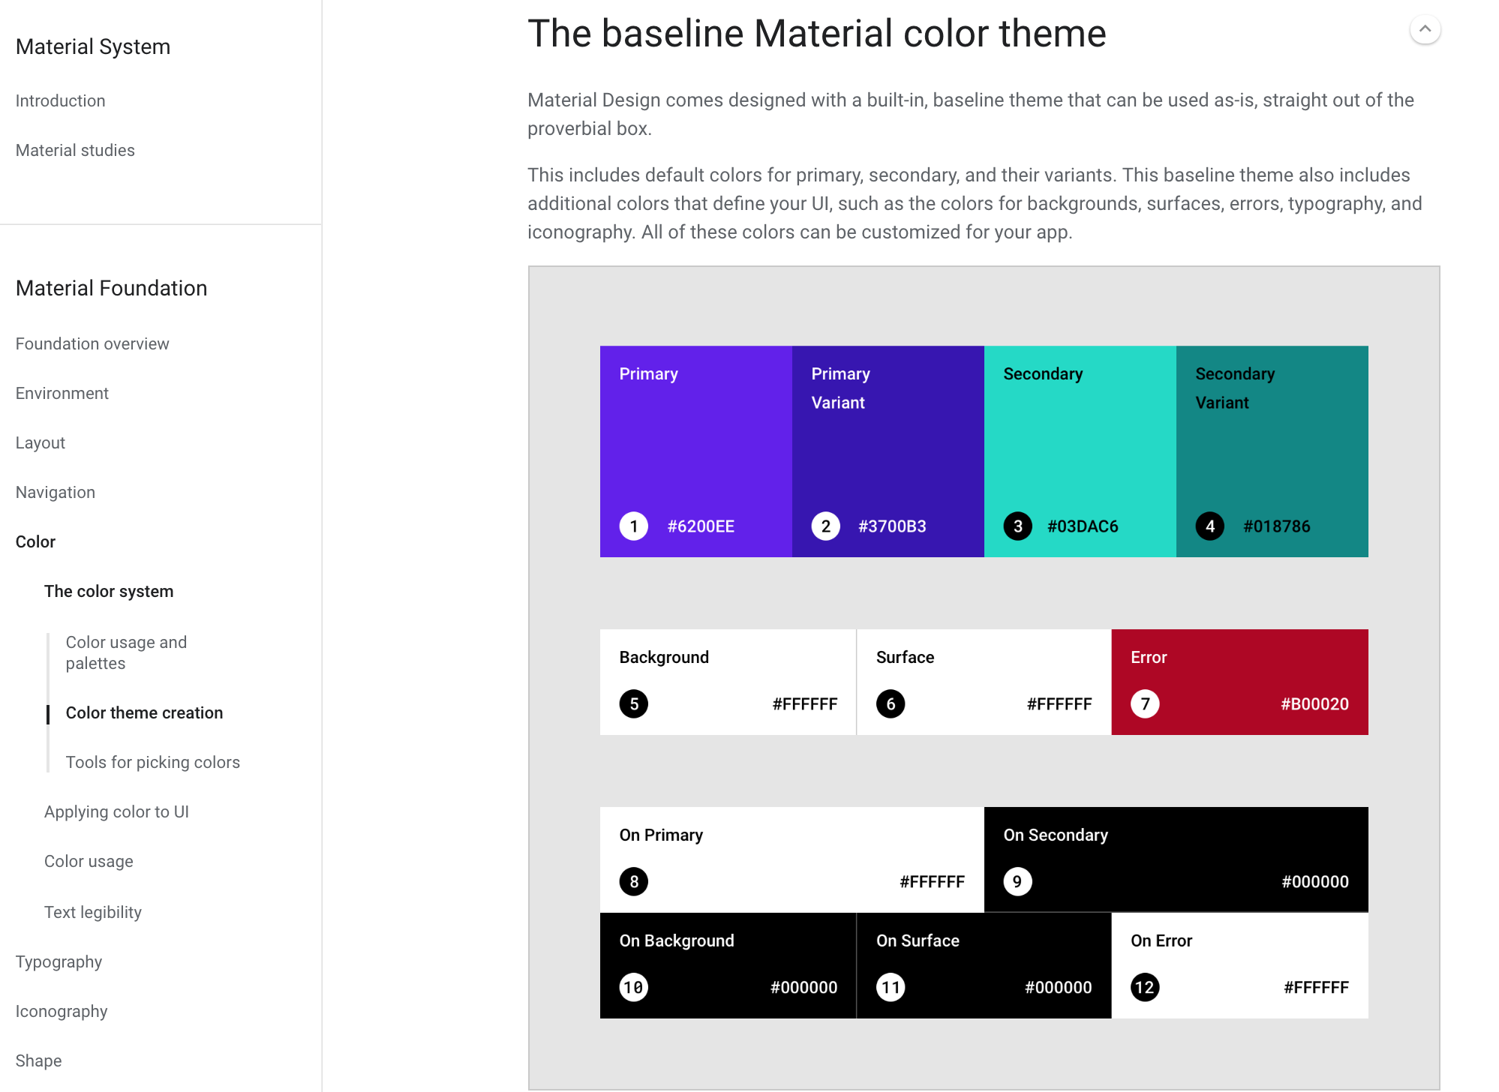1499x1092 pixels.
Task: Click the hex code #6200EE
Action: pyautogui.click(x=701, y=526)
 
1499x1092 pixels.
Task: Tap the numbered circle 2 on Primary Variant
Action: pyautogui.click(x=825, y=526)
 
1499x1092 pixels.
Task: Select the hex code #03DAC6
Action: pyautogui.click(x=1083, y=526)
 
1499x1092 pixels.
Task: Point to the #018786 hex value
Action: pyautogui.click(x=1276, y=526)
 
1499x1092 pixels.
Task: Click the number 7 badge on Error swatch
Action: pyautogui.click(x=1145, y=704)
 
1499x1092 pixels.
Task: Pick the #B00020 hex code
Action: pyautogui.click(x=1314, y=704)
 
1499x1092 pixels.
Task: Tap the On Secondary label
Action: pyautogui.click(x=1056, y=835)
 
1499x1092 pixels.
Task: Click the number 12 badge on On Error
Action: pyautogui.click(x=1145, y=988)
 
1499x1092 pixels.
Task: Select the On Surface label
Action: pyautogui.click(x=918, y=940)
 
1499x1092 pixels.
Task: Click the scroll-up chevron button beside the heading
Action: pyautogui.click(x=1425, y=30)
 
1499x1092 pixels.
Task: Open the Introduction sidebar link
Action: pyautogui.click(x=60, y=100)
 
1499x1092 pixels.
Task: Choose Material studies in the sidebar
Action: pyautogui.click(x=75, y=150)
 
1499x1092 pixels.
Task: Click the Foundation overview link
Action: pyautogui.click(x=92, y=343)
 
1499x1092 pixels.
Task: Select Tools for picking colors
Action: pyautogui.click(x=153, y=762)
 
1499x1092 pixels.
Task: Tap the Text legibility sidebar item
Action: pyautogui.click(x=93, y=912)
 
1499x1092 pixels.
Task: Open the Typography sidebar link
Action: pyautogui.click(x=59, y=962)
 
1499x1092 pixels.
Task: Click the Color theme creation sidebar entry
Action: pyautogui.click(x=144, y=712)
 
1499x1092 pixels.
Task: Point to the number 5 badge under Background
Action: pyautogui.click(x=634, y=704)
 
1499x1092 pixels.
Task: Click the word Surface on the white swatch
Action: pyautogui.click(x=905, y=657)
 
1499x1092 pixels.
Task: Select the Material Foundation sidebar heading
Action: pyautogui.click(x=111, y=288)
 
